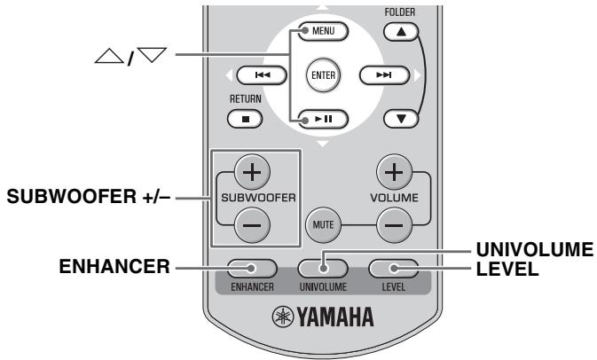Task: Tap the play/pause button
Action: (x=324, y=117)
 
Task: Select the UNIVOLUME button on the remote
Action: (x=324, y=265)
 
